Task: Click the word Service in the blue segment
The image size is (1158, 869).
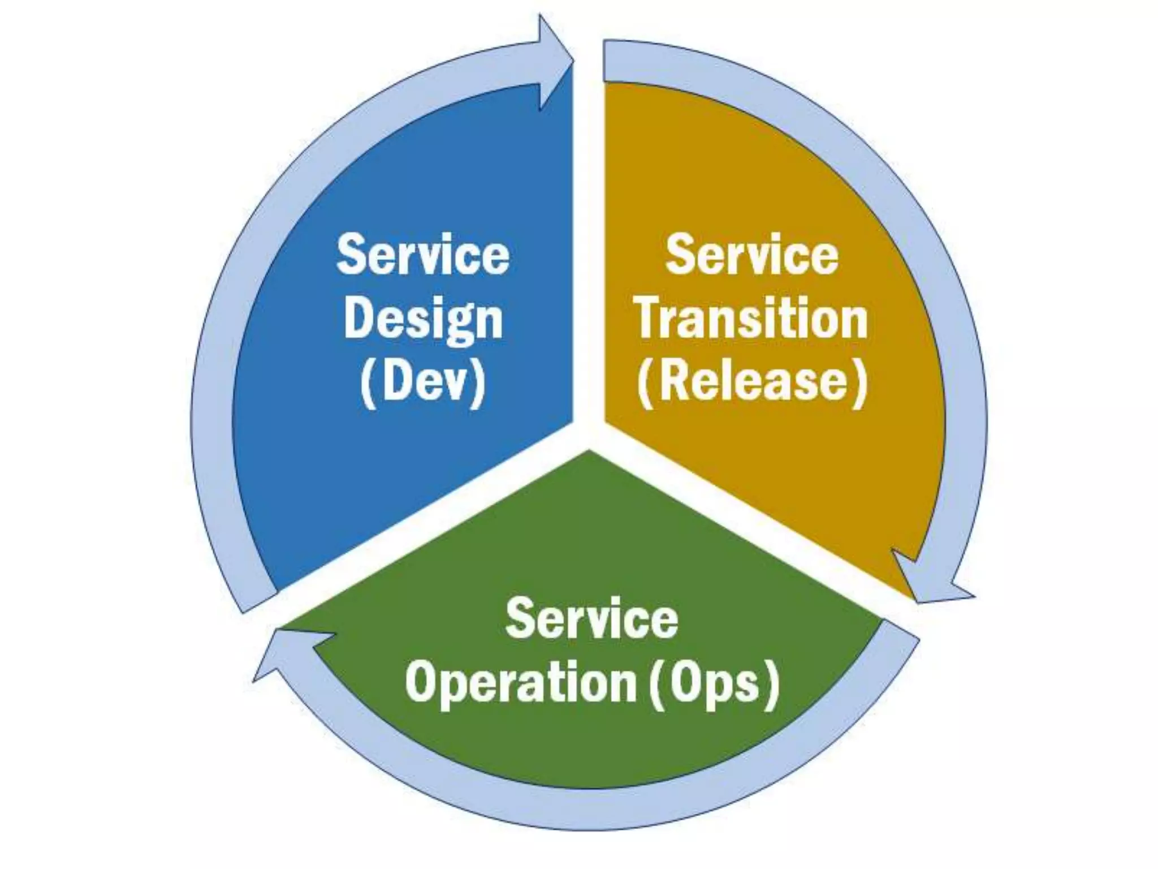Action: (423, 255)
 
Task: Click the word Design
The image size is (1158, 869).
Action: (423, 319)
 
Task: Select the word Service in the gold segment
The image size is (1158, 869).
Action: (751, 255)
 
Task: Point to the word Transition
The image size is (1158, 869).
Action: (751, 319)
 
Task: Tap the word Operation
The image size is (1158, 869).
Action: (521, 683)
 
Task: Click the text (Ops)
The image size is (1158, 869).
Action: (714, 683)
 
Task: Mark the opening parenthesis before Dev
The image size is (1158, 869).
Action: (368, 383)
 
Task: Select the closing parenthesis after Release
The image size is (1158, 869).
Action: (859, 383)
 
